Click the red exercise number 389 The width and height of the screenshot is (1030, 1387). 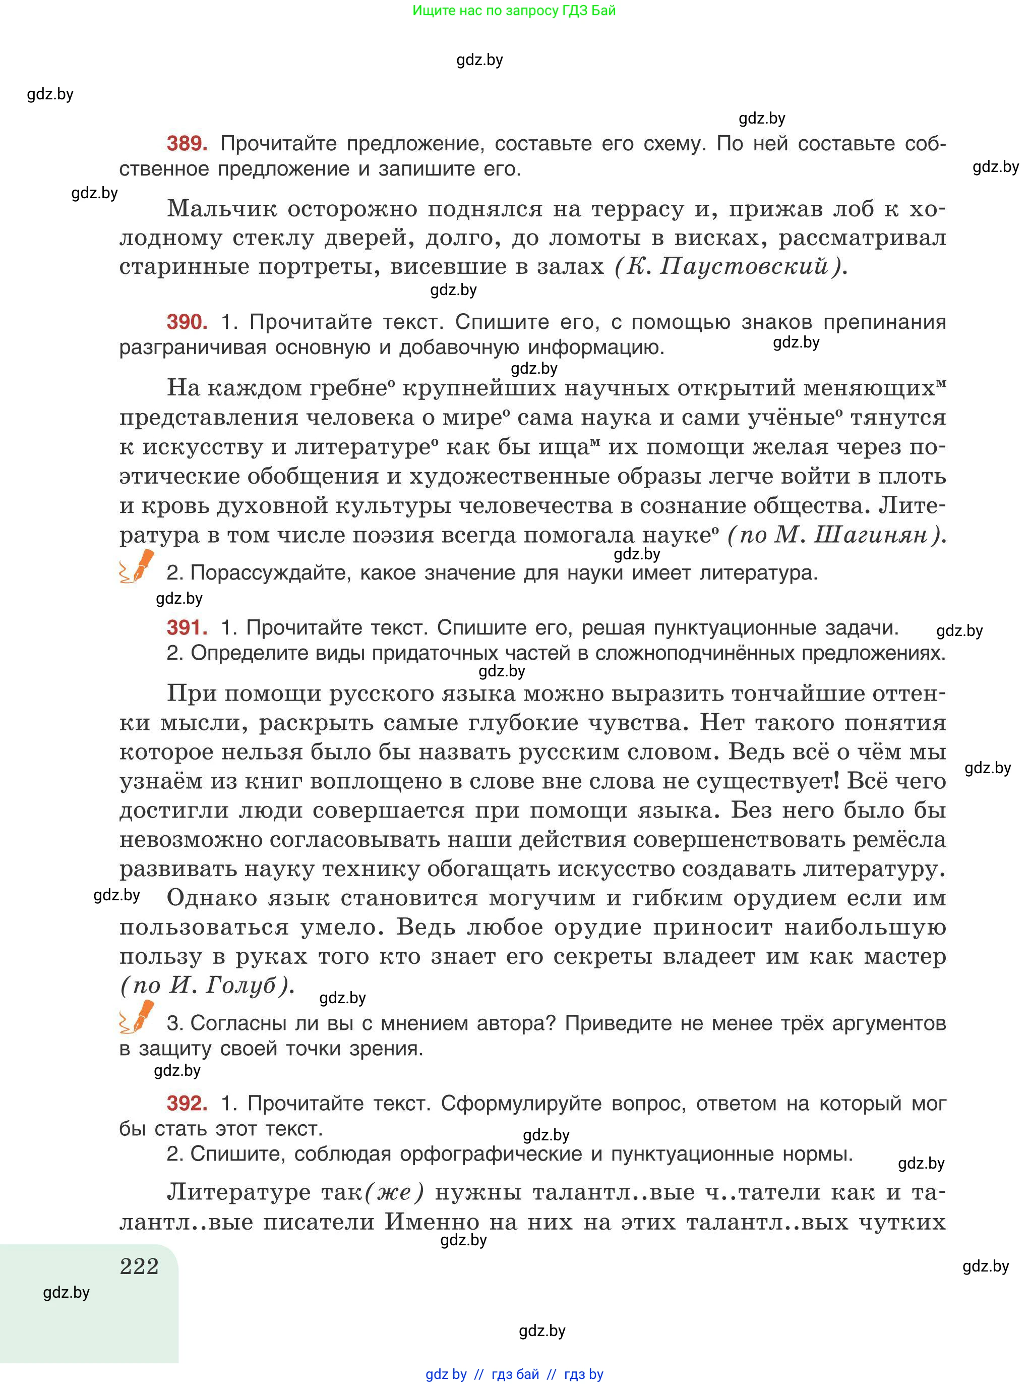187,144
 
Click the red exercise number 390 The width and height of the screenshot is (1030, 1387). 187,322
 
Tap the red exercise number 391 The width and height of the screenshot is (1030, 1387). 187,627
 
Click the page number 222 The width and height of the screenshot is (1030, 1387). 139,1266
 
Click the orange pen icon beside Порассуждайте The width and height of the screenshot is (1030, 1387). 137,566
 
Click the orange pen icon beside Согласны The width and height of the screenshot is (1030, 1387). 137,1017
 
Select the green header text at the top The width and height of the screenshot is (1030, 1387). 514,11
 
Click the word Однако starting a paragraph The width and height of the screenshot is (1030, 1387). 212,898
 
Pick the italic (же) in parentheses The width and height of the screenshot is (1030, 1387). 394,1192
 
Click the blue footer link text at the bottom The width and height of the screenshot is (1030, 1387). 514,1374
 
